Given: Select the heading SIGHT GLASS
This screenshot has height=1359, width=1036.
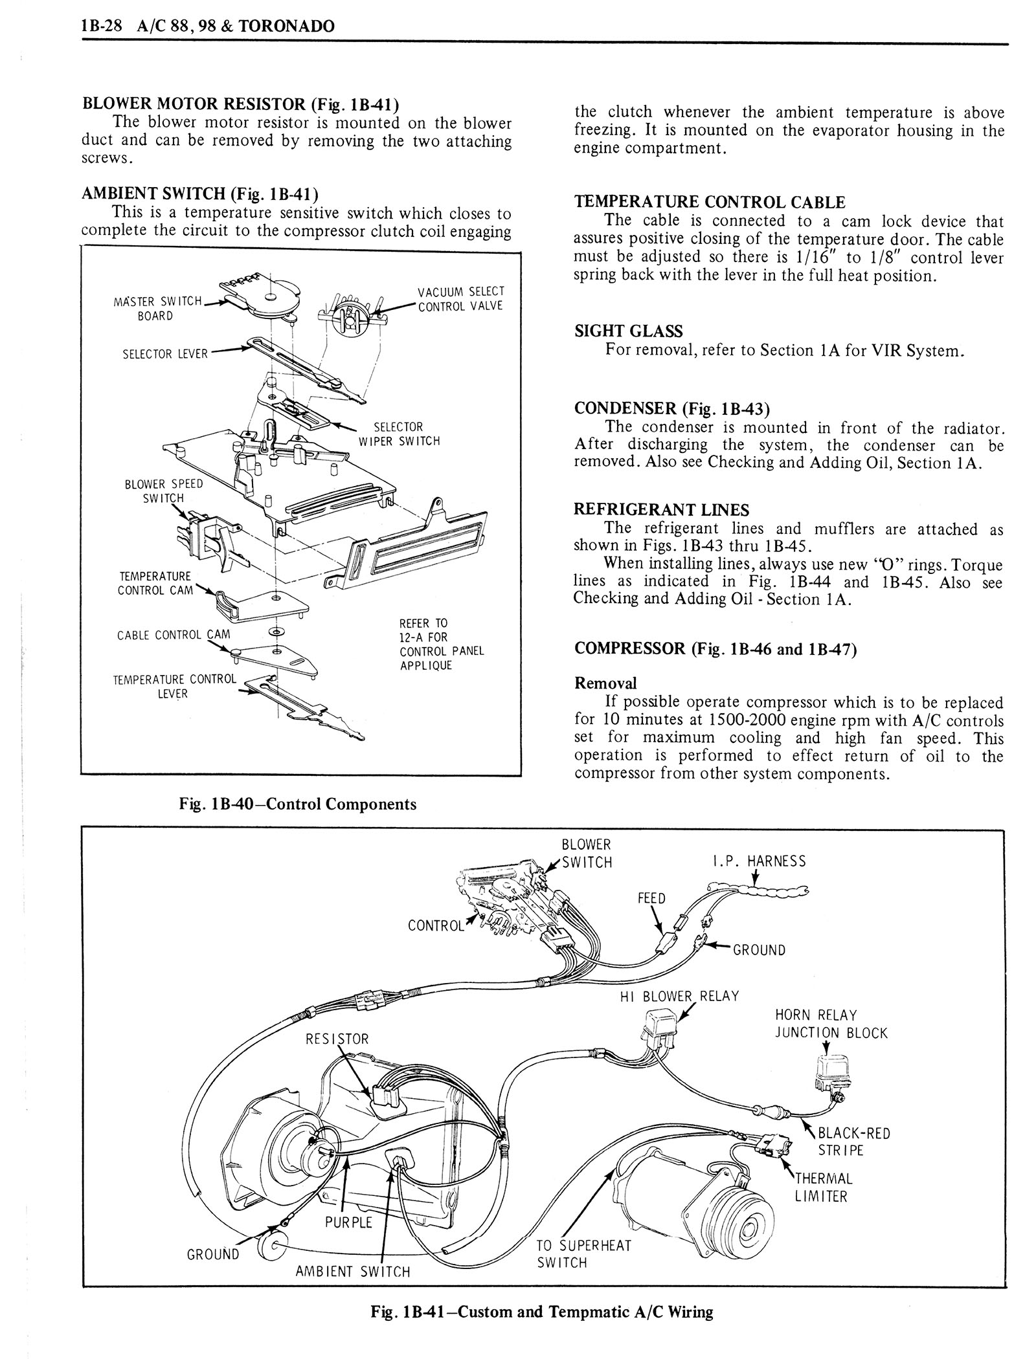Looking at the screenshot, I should tap(628, 331).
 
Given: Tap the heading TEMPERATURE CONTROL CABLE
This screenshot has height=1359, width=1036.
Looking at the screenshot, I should tap(710, 202).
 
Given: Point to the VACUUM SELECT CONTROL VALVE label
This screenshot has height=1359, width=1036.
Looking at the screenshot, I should tap(460, 298).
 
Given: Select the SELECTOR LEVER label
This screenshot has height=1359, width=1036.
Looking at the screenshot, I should tap(164, 354).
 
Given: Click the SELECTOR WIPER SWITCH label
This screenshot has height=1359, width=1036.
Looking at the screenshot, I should tap(399, 434).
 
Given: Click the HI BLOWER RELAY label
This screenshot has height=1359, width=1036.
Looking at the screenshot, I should tap(679, 996).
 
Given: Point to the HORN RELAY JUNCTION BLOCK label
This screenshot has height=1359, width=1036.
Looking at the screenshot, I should tap(831, 1024).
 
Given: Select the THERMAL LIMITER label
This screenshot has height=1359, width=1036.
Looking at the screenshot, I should tap(823, 1188).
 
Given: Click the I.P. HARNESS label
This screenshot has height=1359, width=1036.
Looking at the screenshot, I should tap(758, 861).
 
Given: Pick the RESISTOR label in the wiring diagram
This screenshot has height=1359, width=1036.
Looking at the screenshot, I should tap(337, 1039).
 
